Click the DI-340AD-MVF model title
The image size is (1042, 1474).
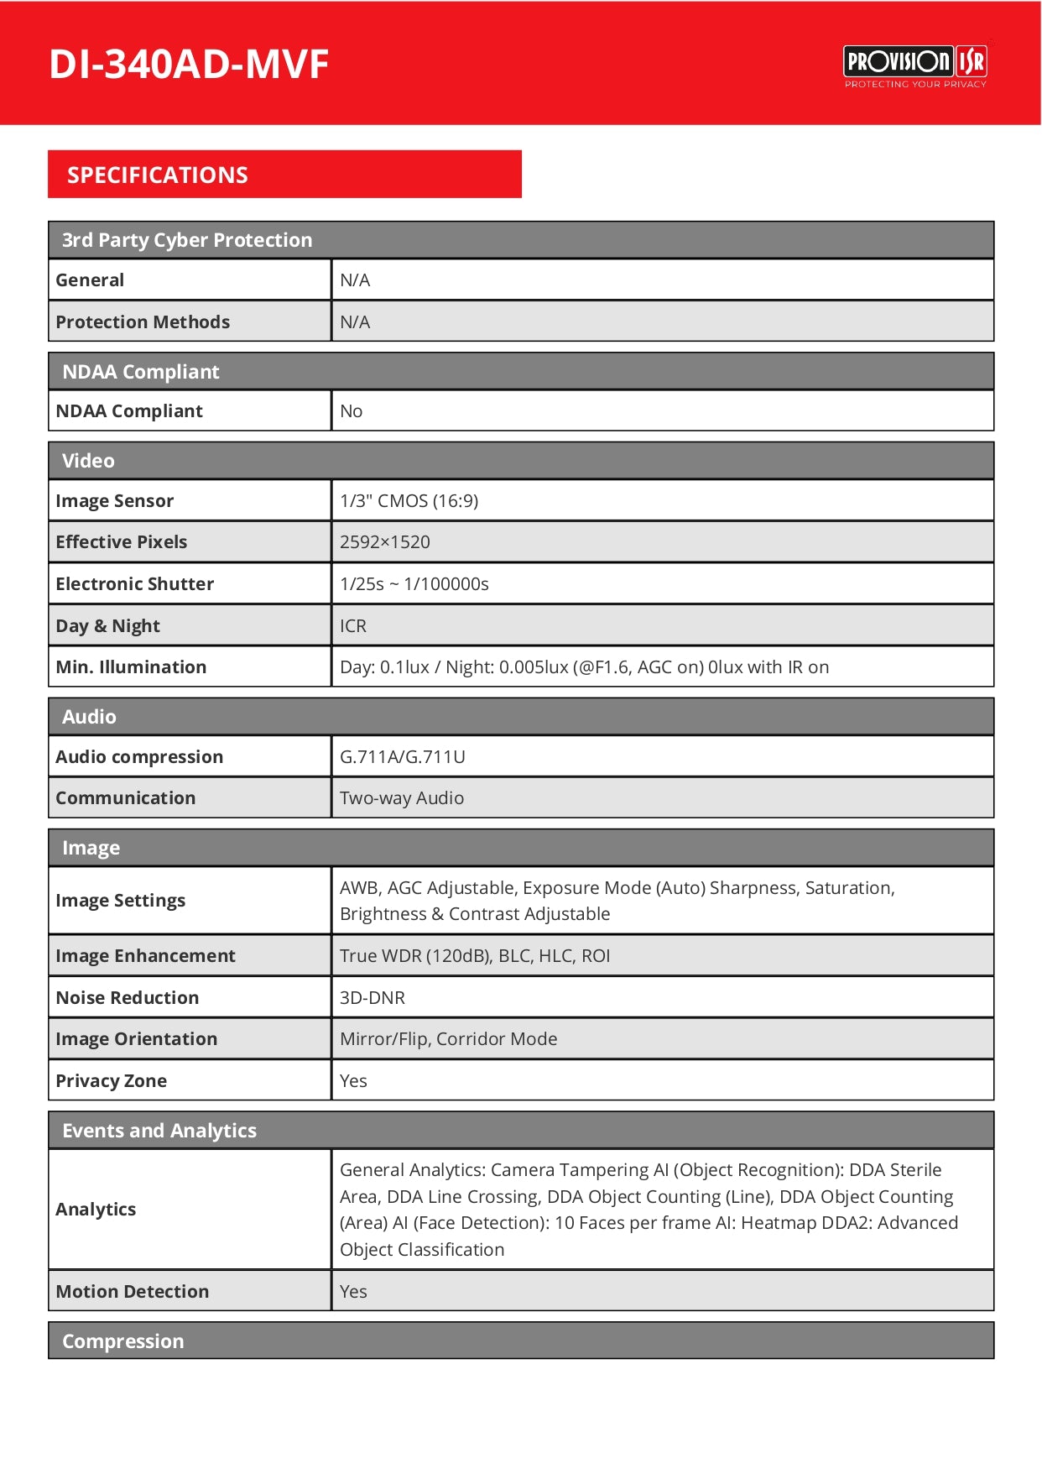click(x=189, y=65)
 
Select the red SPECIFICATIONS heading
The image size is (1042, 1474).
click(x=158, y=175)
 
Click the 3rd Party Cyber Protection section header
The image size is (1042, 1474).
click(x=187, y=240)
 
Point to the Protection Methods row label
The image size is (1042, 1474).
click(x=143, y=322)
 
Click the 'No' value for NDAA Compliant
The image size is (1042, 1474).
click(x=352, y=411)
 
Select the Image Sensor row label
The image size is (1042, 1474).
click(x=115, y=501)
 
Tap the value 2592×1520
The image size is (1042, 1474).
click(x=385, y=542)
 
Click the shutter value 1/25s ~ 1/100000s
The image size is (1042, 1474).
click(x=414, y=584)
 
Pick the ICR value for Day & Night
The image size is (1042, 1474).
click(x=353, y=626)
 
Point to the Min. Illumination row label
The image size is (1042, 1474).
click(x=131, y=667)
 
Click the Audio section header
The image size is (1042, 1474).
click(x=90, y=717)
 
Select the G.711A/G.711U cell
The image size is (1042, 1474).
click(x=403, y=757)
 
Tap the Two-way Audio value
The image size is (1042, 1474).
click(x=402, y=798)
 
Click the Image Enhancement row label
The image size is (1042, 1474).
click(x=146, y=956)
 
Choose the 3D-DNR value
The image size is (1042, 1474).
click(x=373, y=998)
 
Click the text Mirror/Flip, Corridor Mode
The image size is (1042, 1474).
click(x=449, y=1039)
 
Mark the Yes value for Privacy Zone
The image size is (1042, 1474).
click(x=353, y=1081)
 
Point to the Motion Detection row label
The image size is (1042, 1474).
click(x=133, y=1292)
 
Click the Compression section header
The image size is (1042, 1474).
click(x=123, y=1341)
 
